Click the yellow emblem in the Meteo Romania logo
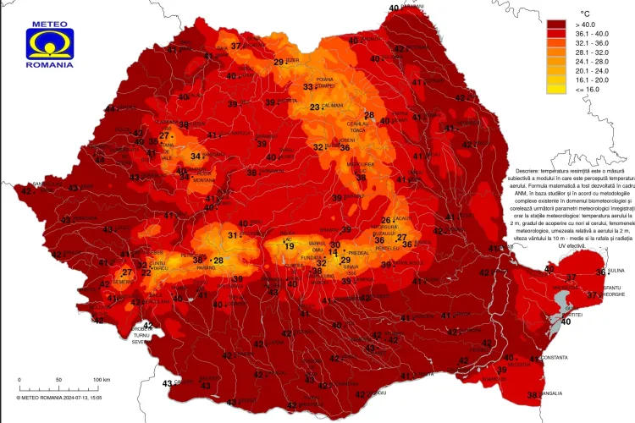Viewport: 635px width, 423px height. (x=49, y=43)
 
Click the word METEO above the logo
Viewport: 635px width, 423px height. (x=49, y=24)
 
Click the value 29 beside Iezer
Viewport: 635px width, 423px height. (x=279, y=62)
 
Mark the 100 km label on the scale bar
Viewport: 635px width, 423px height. (x=101, y=379)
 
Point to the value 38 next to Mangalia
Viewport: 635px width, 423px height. (x=533, y=395)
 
